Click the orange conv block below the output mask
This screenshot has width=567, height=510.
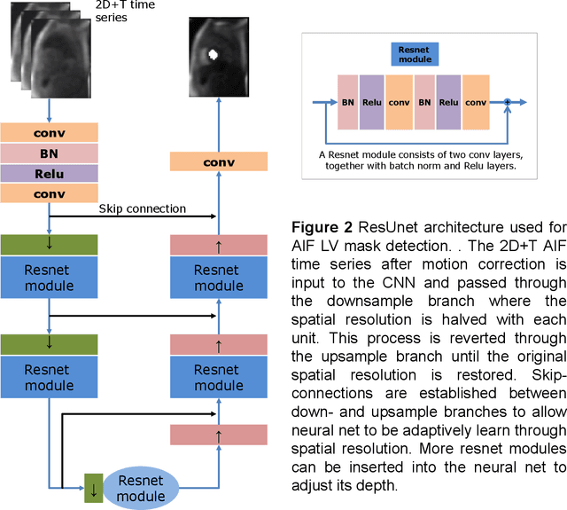click(x=219, y=162)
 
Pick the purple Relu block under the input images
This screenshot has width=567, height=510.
click(x=49, y=175)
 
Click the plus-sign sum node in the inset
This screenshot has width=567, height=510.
click(x=508, y=102)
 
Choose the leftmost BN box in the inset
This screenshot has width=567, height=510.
click(x=348, y=102)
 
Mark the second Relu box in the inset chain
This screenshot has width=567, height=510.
click(x=448, y=102)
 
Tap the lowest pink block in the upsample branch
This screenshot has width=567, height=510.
click(x=219, y=435)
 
